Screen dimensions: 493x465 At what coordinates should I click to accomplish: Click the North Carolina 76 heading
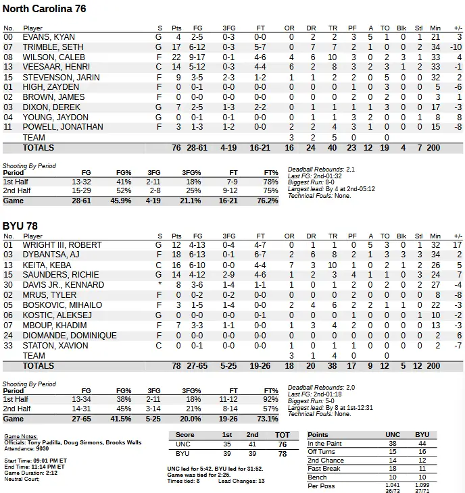[x=44, y=9]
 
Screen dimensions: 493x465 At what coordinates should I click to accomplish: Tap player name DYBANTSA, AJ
[x=51, y=255]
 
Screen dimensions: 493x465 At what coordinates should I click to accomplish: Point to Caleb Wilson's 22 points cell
[x=176, y=57]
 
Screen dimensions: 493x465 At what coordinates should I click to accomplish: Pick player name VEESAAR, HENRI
[x=53, y=67]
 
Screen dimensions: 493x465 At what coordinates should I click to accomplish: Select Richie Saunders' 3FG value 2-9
[x=229, y=275]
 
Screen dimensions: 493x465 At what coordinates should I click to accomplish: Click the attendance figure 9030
[x=44, y=448]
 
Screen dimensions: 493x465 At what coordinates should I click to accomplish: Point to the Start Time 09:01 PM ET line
[x=34, y=461]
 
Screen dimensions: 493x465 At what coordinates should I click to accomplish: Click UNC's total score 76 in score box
[x=282, y=444]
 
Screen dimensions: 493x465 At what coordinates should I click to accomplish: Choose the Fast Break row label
[x=323, y=469]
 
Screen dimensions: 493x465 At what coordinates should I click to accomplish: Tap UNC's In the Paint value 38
[x=393, y=443]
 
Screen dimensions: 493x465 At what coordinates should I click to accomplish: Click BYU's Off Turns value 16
[x=422, y=452]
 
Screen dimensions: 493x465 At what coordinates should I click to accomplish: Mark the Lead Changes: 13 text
[x=241, y=481]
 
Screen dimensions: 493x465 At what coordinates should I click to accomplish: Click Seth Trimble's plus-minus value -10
[x=456, y=47]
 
